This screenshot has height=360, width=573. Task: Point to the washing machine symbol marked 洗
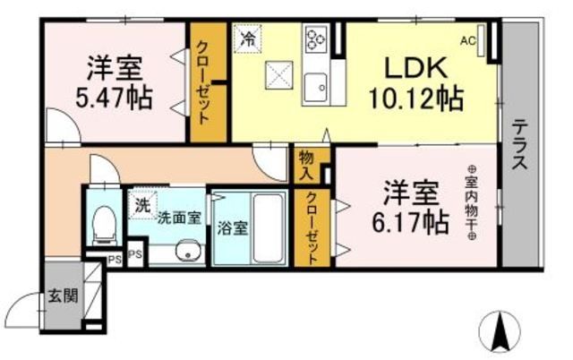(142, 205)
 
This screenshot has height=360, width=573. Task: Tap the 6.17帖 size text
(411, 221)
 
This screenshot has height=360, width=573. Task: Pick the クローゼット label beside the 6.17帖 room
(310, 229)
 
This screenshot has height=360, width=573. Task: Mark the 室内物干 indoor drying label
(472, 203)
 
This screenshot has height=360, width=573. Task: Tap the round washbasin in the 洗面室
(186, 251)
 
